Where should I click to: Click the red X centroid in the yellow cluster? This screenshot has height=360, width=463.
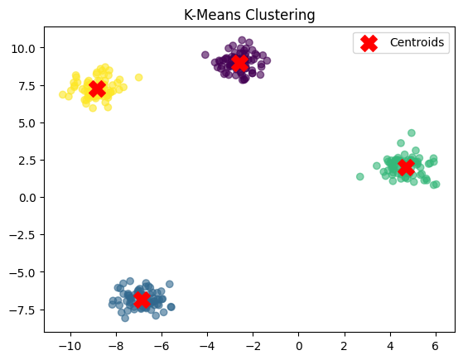point(97,89)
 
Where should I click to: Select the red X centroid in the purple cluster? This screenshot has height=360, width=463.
point(239,63)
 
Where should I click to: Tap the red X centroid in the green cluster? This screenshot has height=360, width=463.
point(406,167)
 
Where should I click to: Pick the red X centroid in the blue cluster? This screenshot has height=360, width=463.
point(141,299)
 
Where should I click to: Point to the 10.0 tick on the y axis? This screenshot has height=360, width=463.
point(22,48)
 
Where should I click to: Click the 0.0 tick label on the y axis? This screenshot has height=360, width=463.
point(26,198)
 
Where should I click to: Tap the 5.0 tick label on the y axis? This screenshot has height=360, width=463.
point(26,122)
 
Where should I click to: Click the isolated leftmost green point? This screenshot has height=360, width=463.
point(360,176)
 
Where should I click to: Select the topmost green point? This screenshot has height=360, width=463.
point(412,132)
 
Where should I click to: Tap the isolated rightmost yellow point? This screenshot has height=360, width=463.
point(138,78)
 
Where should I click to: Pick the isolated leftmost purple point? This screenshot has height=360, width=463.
point(205,55)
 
